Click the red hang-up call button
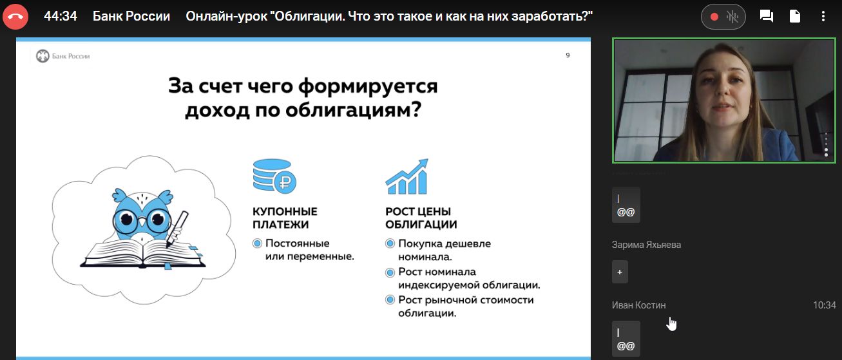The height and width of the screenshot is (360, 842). pyautogui.click(x=15, y=17)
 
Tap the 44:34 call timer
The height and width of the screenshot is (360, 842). pyautogui.click(x=61, y=16)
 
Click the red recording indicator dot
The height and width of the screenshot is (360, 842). pyautogui.click(x=714, y=17)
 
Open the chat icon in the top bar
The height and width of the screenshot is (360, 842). pyautogui.click(x=766, y=16)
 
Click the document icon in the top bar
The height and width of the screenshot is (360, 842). pyautogui.click(x=794, y=16)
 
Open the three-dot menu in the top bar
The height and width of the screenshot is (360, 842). pyautogui.click(x=823, y=16)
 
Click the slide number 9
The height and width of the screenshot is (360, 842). pyautogui.click(x=568, y=55)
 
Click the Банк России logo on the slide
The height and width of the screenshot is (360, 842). pyautogui.click(x=62, y=56)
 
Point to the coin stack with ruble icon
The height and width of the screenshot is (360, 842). pyautogui.click(x=274, y=176)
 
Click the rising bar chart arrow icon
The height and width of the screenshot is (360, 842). pyautogui.click(x=407, y=176)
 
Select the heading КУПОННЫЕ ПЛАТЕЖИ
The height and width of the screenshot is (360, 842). pyautogui.click(x=285, y=218)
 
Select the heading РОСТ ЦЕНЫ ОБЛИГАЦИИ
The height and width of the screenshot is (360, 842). pyautogui.click(x=421, y=218)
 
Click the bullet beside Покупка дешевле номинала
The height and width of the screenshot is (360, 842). pyautogui.click(x=390, y=243)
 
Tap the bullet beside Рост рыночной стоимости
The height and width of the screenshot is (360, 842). pyautogui.click(x=390, y=300)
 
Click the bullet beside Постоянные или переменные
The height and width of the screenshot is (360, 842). pyautogui.click(x=257, y=243)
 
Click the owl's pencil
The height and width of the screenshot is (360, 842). pyautogui.click(x=177, y=229)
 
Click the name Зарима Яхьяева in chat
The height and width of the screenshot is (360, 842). pyautogui.click(x=646, y=245)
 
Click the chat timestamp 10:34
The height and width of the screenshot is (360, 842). pyautogui.click(x=825, y=305)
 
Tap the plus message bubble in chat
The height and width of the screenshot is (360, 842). pyautogui.click(x=620, y=272)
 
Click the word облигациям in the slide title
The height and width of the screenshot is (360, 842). pyautogui.click(x=353, y=109)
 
